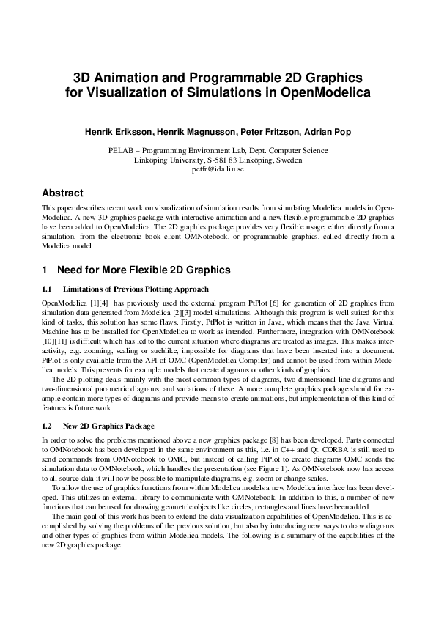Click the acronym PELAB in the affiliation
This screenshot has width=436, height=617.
[121, 151]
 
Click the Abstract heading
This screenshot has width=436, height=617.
[62, 193]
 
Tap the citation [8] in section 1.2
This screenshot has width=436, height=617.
[232, 439]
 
